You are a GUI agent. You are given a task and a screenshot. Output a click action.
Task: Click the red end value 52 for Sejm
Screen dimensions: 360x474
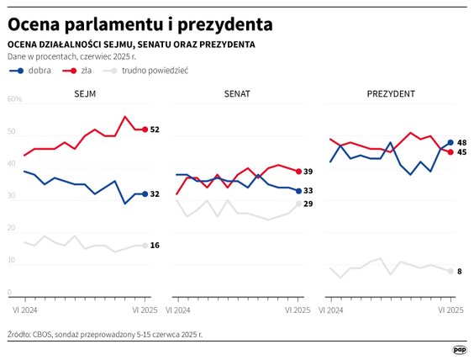click(155, 130)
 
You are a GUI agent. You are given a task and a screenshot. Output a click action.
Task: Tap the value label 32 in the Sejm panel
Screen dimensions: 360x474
click(155, 194)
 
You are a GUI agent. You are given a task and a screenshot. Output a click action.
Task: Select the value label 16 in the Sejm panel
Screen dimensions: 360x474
click(155, 246)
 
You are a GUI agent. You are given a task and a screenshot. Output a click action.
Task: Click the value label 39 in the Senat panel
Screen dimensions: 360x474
click(308, 172)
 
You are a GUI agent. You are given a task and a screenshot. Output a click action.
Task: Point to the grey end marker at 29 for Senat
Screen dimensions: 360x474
click(298, 204)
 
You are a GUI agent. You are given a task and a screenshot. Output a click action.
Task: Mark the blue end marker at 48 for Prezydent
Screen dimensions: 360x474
click(450, 142)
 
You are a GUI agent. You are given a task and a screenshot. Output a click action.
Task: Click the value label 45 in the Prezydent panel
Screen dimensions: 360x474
click(461, 152)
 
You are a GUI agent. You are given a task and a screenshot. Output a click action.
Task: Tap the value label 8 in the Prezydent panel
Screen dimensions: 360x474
click(460, 271)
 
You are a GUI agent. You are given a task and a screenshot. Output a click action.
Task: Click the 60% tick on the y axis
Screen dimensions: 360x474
click(14, 99)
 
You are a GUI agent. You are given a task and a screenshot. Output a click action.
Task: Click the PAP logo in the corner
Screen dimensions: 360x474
click(459, 348)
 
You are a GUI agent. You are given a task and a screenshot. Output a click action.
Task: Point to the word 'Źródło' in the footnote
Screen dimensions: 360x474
click(19, 334)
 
